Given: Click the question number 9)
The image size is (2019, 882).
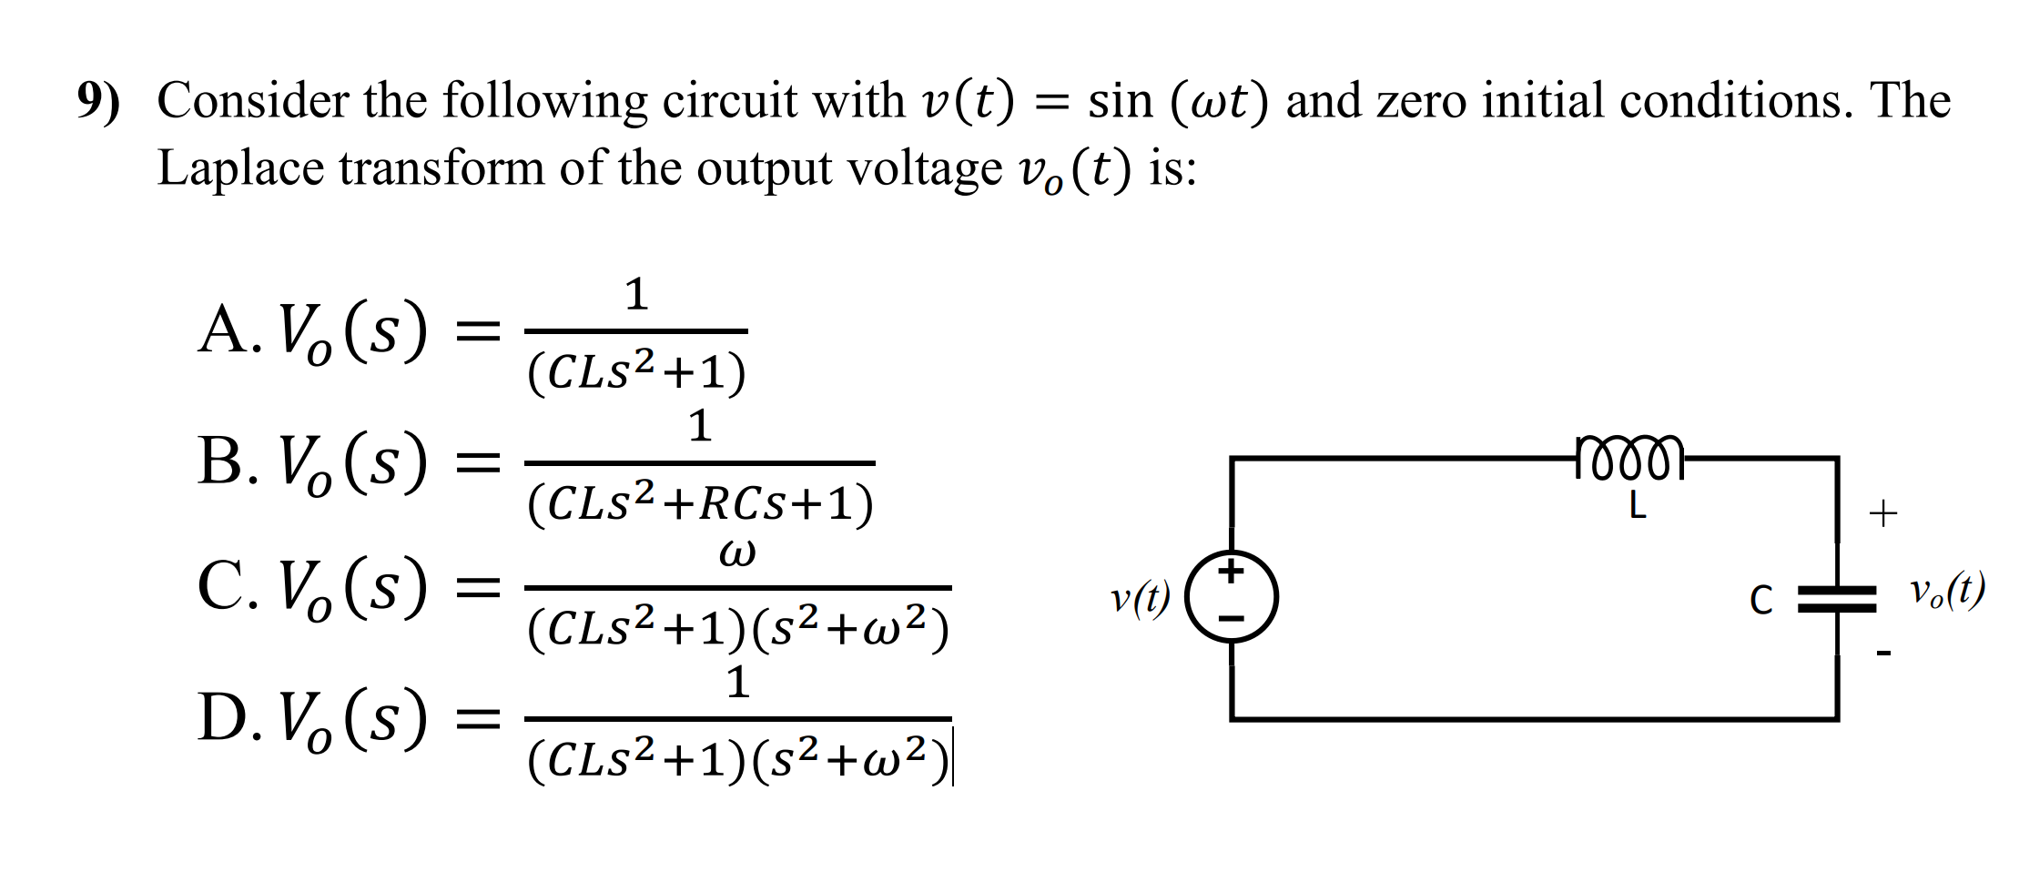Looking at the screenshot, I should click(98, 101).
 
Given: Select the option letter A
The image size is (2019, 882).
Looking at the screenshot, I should click(224, 330).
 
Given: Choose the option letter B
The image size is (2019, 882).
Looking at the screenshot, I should click(221, 461).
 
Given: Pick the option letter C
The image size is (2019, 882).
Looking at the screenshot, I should click(221, 586).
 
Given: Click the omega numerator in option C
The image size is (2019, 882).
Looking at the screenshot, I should click(736, 553).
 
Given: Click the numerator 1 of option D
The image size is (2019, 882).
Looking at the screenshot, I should click(737, 683).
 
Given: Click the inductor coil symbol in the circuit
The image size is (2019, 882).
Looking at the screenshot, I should click(1629, 457).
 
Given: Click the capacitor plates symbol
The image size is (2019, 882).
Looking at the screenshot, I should click(1837, 599).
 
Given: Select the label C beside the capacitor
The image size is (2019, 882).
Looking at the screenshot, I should click(1760, 601).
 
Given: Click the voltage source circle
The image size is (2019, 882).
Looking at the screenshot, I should click(1232, 597).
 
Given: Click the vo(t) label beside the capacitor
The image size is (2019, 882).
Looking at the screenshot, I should click(1947, 592).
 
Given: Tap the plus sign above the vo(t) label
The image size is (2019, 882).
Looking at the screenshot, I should click(1882, 514).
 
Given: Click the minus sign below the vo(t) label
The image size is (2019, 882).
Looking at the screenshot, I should click(1883, 653).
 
